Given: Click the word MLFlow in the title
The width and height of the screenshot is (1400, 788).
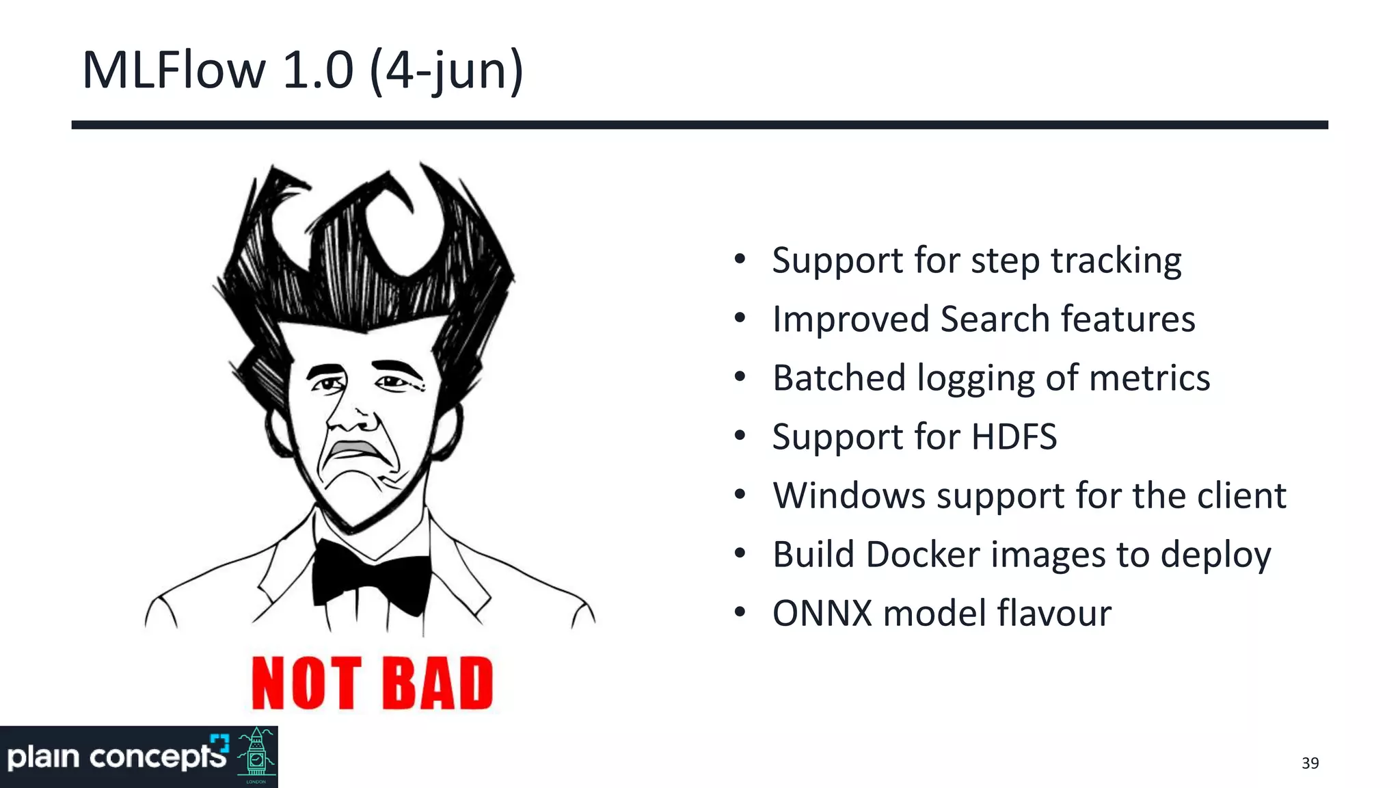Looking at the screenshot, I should pyautogui.click(x=174, y=70).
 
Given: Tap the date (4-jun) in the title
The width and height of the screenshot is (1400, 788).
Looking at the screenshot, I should pyautogui.click(x=446, y=71).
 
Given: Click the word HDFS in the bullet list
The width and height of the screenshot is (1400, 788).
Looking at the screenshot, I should pyautogui.click(x=1014, y=437).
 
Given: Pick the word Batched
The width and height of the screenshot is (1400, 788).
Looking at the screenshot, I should pyautogui.click(x=839, y=378).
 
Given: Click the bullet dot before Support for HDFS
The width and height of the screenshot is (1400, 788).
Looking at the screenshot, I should pyautogui.click(x=740, y=436).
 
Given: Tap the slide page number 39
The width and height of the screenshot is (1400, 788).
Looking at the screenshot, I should pyautogui.click(x=1310, y=763).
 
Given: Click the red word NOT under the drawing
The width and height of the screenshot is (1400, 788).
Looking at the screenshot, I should pyautogui.click(x=306, y=683).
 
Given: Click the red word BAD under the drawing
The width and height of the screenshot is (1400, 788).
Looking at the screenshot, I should pyautogui.click(x=437, y=683).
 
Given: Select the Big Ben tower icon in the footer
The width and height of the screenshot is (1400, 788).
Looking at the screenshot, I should pyautogui.click(x=256, y=756).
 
